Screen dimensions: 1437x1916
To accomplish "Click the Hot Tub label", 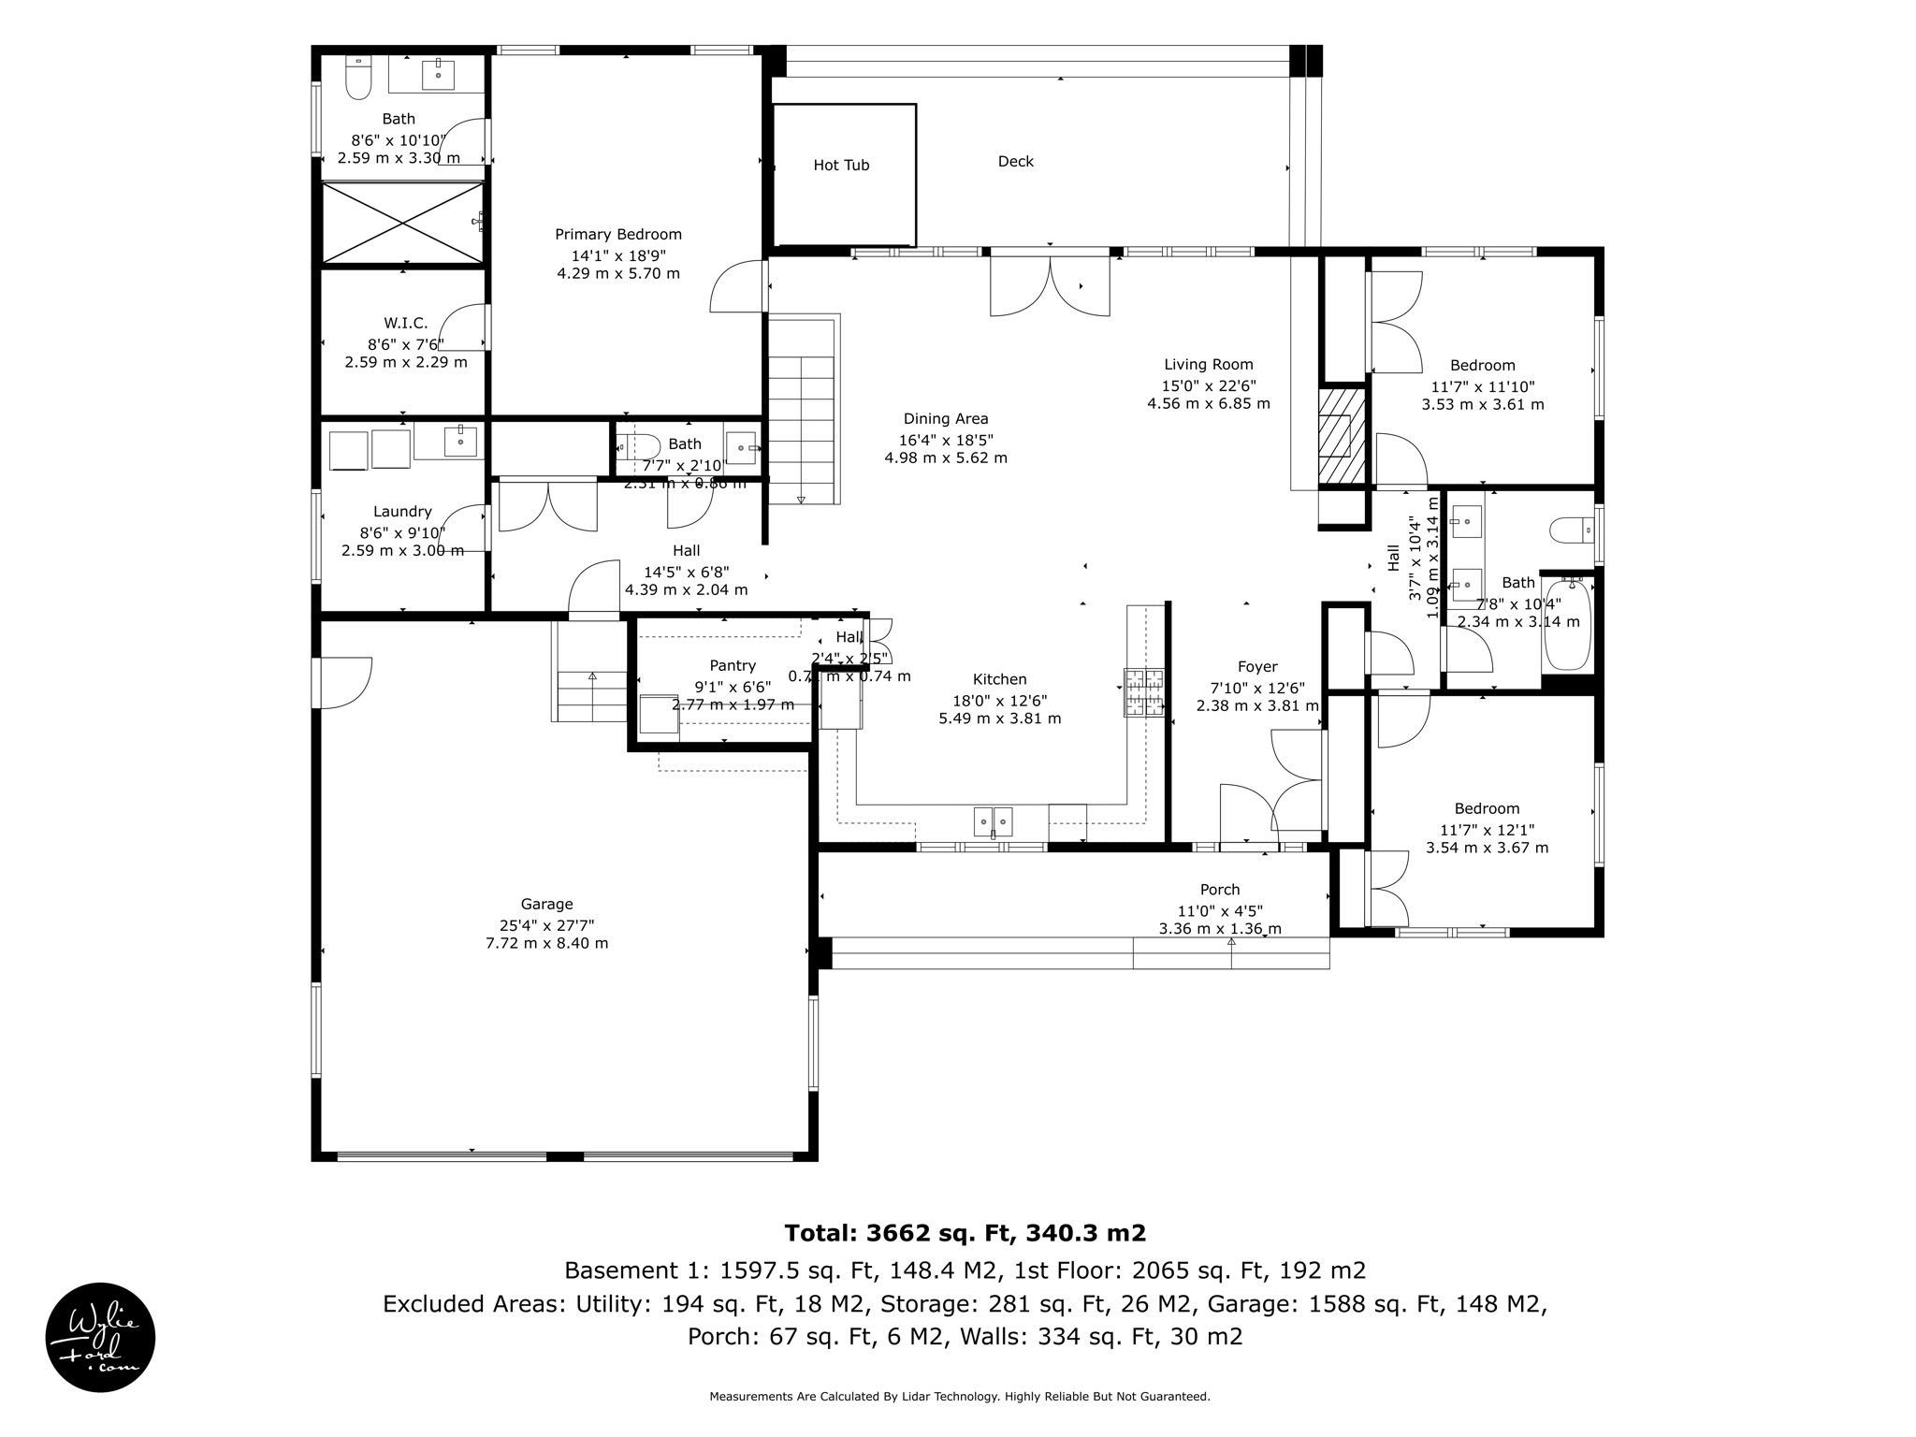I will (841, 166).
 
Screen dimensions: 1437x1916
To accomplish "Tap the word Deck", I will (1015, 162).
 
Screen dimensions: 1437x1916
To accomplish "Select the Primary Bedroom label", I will (617, 235).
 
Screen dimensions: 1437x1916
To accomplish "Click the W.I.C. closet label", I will (405, 324).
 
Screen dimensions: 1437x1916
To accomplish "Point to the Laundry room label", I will (402, 512).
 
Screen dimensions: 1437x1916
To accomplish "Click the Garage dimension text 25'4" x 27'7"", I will (546, 925).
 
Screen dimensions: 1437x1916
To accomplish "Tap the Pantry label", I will (732, 665).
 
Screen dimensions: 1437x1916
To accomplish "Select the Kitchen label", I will (999, 679).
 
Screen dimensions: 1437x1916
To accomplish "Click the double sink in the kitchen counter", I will (993, 821).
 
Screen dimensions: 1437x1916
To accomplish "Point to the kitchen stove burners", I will (1144, 692).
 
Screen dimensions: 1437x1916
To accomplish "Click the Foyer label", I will (1256, 667).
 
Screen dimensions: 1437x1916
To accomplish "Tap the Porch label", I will (1219, 890).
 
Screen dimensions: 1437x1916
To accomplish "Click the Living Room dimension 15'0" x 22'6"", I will (1208, 385).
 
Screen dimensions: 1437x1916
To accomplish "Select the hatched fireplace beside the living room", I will (1343, 437).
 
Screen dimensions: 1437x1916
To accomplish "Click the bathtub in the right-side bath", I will (1567, 625).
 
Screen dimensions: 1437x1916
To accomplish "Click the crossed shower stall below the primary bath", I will (402, 223).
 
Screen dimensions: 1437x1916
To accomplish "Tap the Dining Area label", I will (945, 419).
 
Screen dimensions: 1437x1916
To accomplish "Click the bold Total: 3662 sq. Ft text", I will (965, 1232).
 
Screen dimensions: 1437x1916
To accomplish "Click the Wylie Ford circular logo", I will (101, 1337).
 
